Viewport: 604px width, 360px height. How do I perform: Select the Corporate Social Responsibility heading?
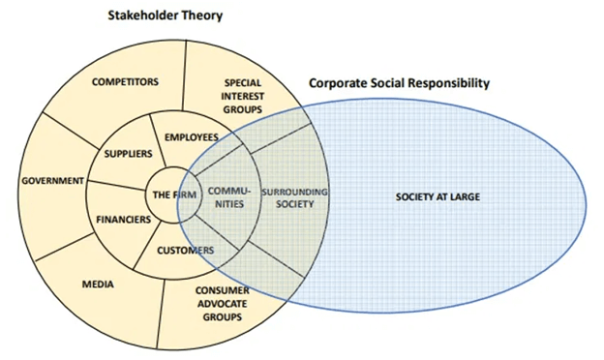(399, 83)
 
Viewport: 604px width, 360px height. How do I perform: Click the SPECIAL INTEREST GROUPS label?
(243, 96)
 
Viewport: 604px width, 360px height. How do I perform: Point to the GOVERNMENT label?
(46, 180)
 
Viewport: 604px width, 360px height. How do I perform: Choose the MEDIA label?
(99, 285)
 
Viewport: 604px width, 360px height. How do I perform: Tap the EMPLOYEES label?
(193, 137)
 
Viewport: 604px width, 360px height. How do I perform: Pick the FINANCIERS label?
(123, 219)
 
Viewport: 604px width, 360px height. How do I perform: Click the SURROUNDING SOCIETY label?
(296, 197)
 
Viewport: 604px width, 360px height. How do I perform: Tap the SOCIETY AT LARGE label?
(438, 197)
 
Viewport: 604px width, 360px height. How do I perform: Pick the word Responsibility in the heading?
(446, 83)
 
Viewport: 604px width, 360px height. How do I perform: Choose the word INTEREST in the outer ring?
(243, 96)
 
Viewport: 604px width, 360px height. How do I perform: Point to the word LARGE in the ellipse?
(466, 197)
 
